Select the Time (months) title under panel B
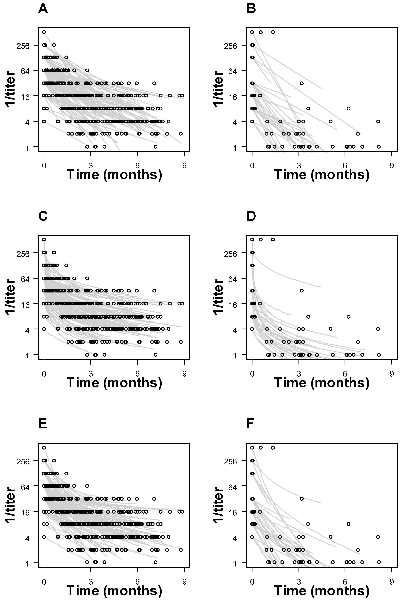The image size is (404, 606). [x=322, y=175]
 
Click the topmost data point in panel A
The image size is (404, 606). [x=44, y=32]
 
